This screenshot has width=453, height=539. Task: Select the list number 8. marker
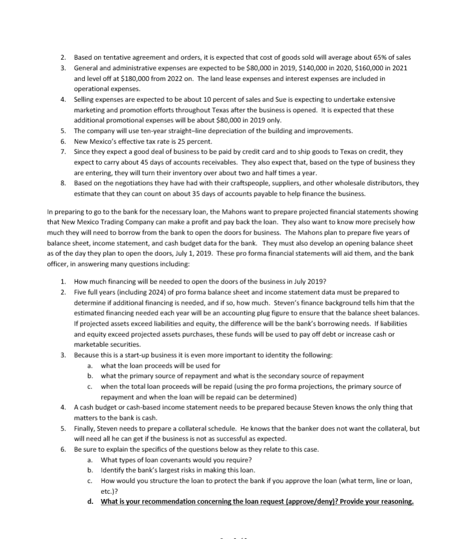(x=62, y=183)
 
